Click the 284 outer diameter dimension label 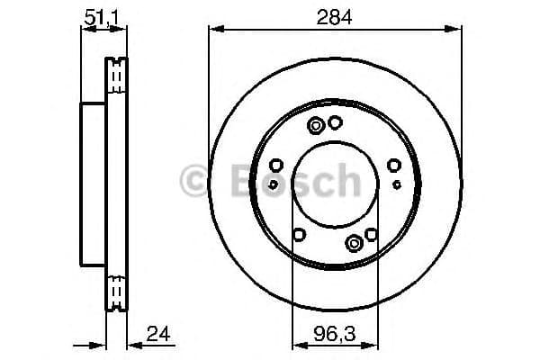(335, 15)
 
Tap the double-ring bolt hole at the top (317, 126)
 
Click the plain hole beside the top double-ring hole (335, 123)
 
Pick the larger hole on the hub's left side (276, 166)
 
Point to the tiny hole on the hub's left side (274, 184)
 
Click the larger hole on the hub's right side (394, 166)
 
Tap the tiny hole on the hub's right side (397, 184)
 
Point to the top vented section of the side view (116, 76)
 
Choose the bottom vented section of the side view (116, 291)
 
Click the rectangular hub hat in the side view (94, 184)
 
